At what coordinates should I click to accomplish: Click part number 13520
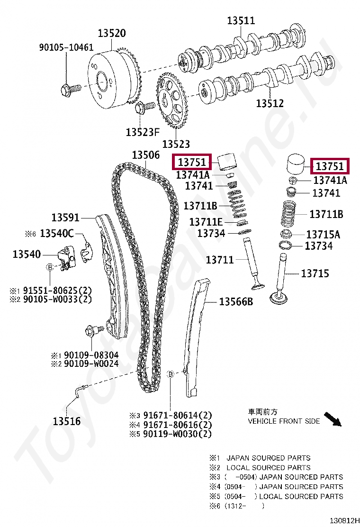click(112, 34)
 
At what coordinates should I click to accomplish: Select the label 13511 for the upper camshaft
click(241, 20)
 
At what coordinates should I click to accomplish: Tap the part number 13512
click(270, 103)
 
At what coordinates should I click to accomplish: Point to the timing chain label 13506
click(146, 155)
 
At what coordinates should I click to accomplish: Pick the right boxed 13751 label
click(330, 166)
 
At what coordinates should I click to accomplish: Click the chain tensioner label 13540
click(27, 254)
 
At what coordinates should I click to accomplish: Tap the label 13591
click(65, 218)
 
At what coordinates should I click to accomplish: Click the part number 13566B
click(236, 302)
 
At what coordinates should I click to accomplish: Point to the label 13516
click(66, 421)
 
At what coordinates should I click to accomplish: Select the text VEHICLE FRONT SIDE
click(284, 421)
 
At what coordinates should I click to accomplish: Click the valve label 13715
click(315, 273)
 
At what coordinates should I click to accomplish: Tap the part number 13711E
click(206, 222)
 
